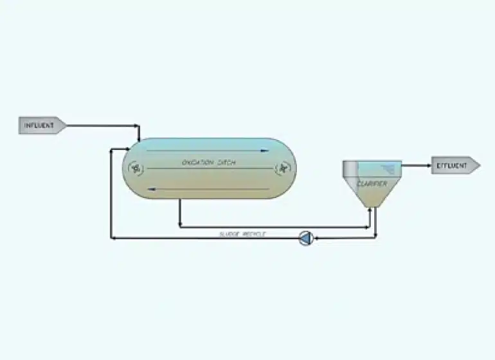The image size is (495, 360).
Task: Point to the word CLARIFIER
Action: point(372,184)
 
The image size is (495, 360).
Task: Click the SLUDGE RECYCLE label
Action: point(242,234)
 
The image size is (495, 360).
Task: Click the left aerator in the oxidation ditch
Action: point(136,168)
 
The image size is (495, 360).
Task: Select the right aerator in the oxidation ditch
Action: point(282,168)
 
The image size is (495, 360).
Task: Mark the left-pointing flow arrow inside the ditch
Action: point(151,189)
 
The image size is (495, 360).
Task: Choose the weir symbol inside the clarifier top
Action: point(389,168)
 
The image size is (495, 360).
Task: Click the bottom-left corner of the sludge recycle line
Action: point(113,239)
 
